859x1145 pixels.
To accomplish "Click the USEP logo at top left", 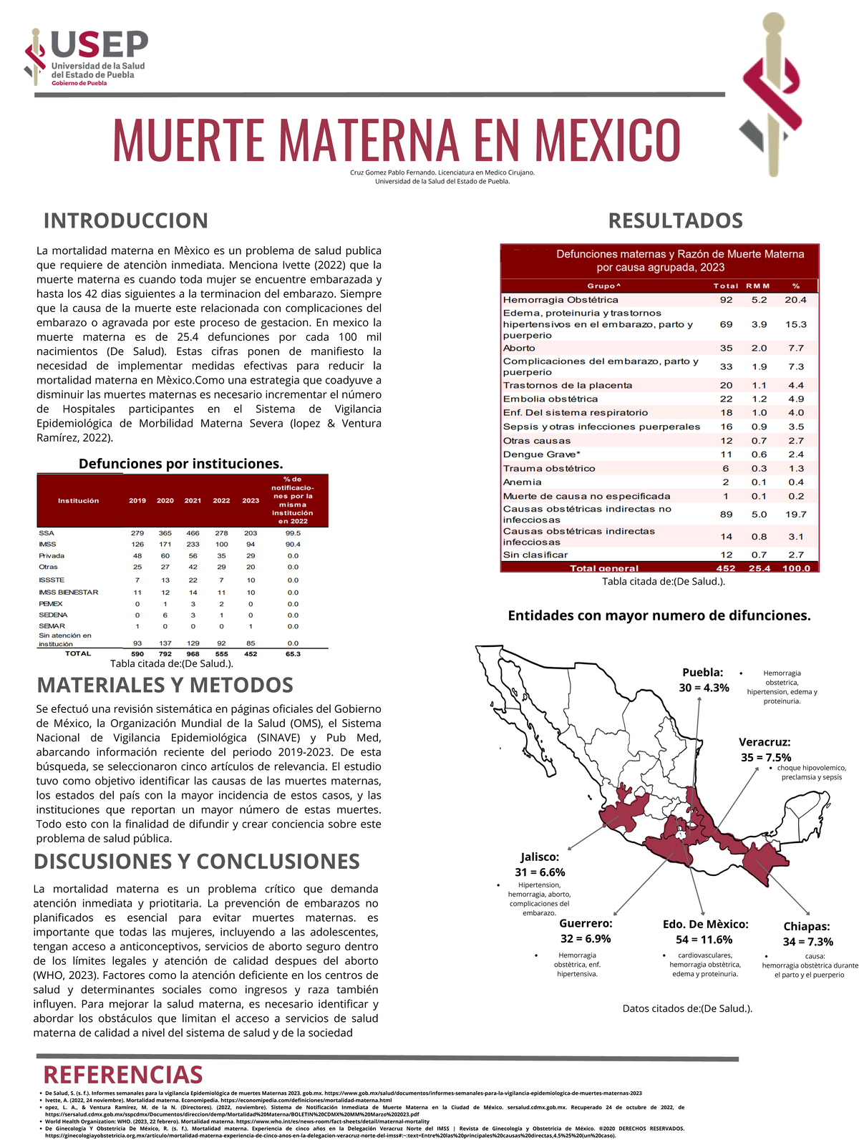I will coord(86,57).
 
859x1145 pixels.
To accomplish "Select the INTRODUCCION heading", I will coord(125,220).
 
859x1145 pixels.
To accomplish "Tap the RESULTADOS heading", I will coord(675,220).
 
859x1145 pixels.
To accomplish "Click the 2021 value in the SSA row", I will coord(193,533).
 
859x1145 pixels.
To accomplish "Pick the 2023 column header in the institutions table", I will coord(251,501).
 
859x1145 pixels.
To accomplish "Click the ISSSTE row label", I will coord(52,580).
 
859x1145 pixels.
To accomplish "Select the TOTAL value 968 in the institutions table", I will coord(193,653).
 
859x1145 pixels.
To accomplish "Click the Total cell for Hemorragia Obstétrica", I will coord(726,300).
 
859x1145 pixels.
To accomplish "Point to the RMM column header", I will coord(758,286).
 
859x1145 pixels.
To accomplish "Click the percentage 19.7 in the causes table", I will coord(795,514).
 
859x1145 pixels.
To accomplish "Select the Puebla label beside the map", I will coord(702,673).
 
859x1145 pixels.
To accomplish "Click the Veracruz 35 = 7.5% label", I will coord(765,750).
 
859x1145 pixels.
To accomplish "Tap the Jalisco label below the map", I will coord(540,857).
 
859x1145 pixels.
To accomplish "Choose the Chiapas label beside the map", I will coord(807,927).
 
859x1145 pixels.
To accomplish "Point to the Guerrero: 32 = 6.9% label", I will coord(586,931).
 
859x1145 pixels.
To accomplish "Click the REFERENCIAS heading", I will coord(123,1075).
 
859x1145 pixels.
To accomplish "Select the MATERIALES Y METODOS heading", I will coord(165,685).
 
